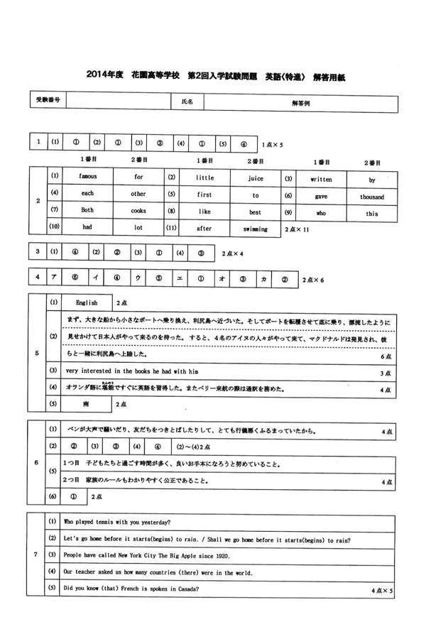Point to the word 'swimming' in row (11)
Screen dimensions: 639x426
pos(256,229)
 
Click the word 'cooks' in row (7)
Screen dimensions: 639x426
pos(138,211)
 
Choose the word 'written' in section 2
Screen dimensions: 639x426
pos(321,179)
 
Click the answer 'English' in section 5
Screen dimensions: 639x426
pos(87,302)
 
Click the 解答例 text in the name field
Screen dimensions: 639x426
pos(300,102)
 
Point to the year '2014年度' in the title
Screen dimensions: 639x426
pos(104,74)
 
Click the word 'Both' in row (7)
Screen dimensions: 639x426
pos(87,211)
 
